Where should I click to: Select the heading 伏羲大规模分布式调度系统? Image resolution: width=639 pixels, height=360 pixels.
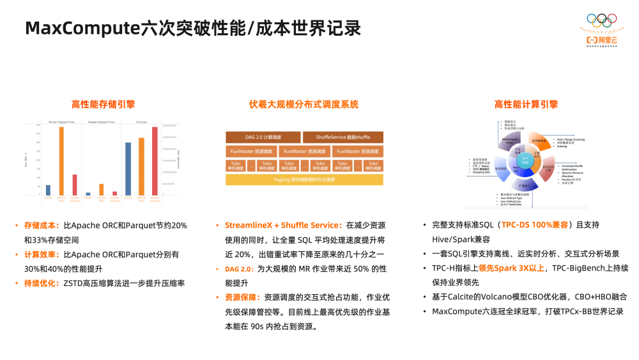coord(304,105)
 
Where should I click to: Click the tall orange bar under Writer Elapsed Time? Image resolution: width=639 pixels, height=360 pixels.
coord(61,160)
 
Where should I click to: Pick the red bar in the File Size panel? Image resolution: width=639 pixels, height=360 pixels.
coord(154,160)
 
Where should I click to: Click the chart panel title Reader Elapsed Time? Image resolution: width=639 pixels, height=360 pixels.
coord(101,121)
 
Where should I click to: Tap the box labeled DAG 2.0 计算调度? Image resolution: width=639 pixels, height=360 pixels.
coord(263,137)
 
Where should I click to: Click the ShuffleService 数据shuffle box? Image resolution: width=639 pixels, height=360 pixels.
coord(343,137)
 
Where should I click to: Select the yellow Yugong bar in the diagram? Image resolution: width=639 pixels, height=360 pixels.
coord(304,180)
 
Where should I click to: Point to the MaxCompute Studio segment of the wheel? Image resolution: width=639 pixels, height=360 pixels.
coord(511,139)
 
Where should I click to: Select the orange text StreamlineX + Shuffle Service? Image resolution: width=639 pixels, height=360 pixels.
coord(281,226)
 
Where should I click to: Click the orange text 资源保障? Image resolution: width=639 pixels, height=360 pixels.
coord(241,298)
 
